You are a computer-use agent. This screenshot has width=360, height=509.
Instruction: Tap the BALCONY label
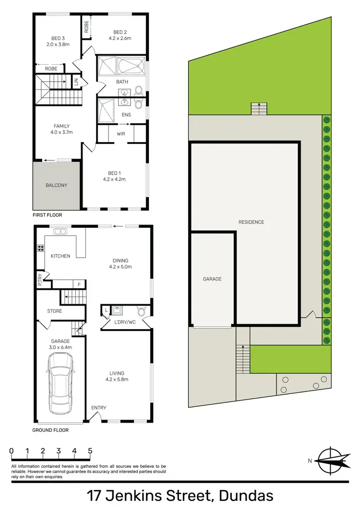tap(57, 185)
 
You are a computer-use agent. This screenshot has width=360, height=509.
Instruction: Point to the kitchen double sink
tap(60, 232)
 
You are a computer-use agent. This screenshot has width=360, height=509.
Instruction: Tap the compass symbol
tap(332, 461)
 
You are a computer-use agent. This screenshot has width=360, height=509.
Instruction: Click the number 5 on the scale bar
tap(90, 451)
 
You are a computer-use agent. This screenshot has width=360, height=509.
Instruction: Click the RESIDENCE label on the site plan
tap(251, 222)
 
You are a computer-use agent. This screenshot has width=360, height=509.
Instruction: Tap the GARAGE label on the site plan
tap(212, 279)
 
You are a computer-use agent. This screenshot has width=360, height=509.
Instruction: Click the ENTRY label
tap(99, 408)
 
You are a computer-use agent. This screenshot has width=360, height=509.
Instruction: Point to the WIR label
tap(120, 134)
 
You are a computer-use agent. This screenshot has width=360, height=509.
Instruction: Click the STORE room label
tap(55, 311)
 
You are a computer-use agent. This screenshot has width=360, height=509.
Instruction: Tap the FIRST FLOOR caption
tap(48, 215)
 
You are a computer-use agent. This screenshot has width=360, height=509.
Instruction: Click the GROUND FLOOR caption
tap(50, 430)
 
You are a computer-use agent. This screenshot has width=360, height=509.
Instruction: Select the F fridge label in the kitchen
tap(79, 284)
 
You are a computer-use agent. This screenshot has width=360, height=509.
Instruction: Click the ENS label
tap(126, 115)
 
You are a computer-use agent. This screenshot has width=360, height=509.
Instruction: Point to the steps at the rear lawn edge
tap(258, 109)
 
